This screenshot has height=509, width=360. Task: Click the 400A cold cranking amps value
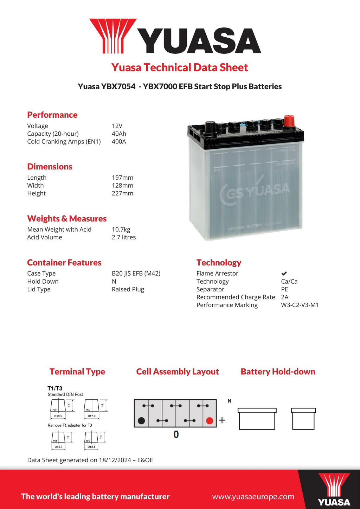[x=119, y=142]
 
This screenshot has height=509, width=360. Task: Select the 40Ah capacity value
[x=119, y=134]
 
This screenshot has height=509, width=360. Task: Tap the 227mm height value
[x=122, y=193]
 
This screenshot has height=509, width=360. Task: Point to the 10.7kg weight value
[x=121, y=230]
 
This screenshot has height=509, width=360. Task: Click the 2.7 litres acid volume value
[x=124, y=237]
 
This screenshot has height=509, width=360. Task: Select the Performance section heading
[x=52, y=115]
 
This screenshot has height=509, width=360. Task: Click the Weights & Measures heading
[x=67, y=219]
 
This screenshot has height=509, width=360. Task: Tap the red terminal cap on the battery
[x=289, y=121]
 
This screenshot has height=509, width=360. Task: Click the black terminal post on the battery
[x=210, y=127]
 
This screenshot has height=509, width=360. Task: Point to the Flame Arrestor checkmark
[x=284, y=273]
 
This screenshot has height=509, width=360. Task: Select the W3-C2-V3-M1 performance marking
[x=300, y=305]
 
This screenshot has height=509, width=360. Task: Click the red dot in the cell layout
[x=210, y=421]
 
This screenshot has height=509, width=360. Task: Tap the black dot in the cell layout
[x=141, y=421]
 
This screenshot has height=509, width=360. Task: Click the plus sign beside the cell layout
[x=222, y=420]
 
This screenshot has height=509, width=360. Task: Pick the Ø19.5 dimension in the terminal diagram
[x=58, y=416]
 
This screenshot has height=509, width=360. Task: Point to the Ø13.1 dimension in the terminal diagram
[x=91, y=447]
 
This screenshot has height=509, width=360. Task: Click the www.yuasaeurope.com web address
[x=253, y=497]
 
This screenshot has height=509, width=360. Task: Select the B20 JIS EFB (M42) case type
[x=136, y=273]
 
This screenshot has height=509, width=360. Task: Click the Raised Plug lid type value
[x=128, y=289]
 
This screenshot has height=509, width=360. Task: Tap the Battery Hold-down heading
[x=278, y=372]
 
